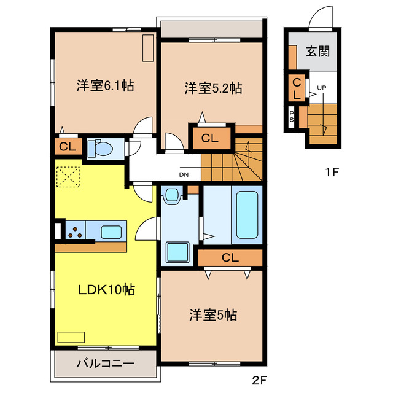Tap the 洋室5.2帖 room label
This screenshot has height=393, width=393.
tap(213, 88)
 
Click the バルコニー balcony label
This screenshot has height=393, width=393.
tap(105, 364)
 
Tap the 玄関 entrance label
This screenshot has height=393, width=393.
tap(318, 51)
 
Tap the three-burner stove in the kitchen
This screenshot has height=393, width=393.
tap(77, 232)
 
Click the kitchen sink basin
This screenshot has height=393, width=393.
tap(112, 232)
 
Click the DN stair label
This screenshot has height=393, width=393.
tap(184, 174)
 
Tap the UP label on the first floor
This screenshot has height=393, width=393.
tap(322, 88)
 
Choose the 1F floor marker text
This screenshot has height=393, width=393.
tap(332, 172)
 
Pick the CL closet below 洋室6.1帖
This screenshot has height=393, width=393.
tap(66, 146)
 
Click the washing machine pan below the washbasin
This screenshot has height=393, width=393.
tap(178, 252)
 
